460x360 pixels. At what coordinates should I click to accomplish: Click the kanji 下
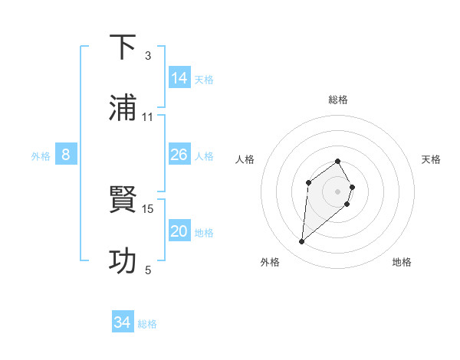tap(123, 47)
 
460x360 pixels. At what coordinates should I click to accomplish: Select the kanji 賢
tap(123, 201)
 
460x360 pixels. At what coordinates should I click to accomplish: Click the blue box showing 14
tap(179, 78)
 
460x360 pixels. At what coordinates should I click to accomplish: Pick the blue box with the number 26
tap(179, 155)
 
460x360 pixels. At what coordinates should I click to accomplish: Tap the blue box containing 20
tap(179, 231)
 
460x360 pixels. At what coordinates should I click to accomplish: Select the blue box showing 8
tap(66, 155)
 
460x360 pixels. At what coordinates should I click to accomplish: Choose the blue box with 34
tap(123, 322)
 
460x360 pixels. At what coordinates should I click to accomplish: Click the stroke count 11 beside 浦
tap(148, 117)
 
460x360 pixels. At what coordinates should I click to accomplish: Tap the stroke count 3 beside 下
tap(148, 56)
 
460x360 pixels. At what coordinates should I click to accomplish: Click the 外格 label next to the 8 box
tap(41, 156)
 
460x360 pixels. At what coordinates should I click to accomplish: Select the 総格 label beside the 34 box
tap(147, 324)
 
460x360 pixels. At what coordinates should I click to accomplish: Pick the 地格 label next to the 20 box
tap(204, 233)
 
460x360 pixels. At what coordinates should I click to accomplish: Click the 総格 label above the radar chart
tap(338, 100)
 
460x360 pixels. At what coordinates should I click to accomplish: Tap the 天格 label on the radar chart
tap(431, 159)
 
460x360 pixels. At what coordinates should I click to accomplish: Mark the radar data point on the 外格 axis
tap(301, 242)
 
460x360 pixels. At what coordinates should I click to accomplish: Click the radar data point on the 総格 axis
tap(338, 161)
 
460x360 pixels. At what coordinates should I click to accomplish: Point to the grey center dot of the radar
tap(338, 191)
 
